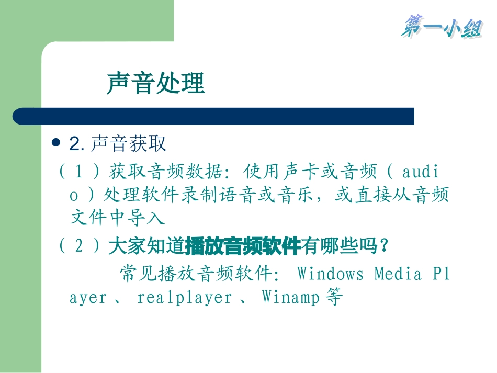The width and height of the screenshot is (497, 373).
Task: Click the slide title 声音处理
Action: (155, 83)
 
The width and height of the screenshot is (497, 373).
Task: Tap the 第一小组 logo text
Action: (441, 27)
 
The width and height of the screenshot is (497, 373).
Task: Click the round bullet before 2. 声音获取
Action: (58, 143)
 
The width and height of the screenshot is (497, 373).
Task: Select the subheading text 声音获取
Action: (128, 143)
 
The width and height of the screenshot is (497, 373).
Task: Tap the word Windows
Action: (330, 274)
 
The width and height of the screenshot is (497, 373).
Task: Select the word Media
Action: (398, 274)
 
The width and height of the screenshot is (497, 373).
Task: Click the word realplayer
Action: (185, 298)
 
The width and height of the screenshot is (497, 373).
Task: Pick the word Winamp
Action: (291, 298)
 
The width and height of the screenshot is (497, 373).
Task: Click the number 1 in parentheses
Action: (80, 171)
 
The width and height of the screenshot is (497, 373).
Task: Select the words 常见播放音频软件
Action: (196, 274)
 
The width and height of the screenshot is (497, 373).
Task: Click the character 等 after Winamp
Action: (333, 298)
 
